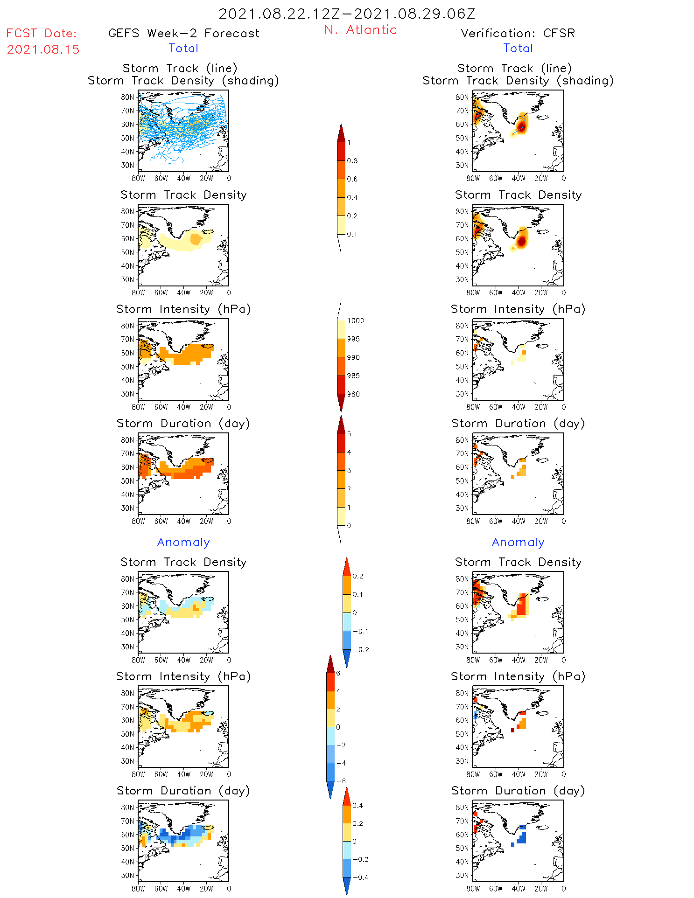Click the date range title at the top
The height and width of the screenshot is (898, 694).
click(x=347, y=14)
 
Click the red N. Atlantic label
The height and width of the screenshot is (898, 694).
click(x=360, y=30)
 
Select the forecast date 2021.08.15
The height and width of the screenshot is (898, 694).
click(x=43, y=49)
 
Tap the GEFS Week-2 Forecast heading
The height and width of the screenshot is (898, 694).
click(x=183, y=33)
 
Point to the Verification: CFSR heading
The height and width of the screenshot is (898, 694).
click(x=518, y=33)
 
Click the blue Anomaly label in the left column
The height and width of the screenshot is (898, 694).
click(x=183, y=542)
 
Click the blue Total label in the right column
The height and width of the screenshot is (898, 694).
click(x=518, y=48)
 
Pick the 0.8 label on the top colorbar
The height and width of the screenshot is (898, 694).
click(x=352, y=161)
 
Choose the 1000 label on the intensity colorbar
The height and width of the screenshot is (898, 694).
click(x=356, y=321)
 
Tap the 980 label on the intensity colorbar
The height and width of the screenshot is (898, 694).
click(x=354, y=394)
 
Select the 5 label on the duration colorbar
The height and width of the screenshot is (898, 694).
click(x=349, y=434)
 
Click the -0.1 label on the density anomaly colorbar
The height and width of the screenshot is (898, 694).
click(x=360, y=631)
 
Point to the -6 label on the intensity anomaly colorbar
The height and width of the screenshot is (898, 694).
click(x=341, y=781)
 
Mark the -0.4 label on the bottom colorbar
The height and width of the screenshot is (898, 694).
click(x=360, y=877)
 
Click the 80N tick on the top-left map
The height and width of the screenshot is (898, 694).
click(x=127, y=97)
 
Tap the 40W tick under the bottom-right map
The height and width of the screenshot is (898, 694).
click(x=519, y=889)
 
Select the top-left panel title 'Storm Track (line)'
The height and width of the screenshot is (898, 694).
click(x=180, y=68)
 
